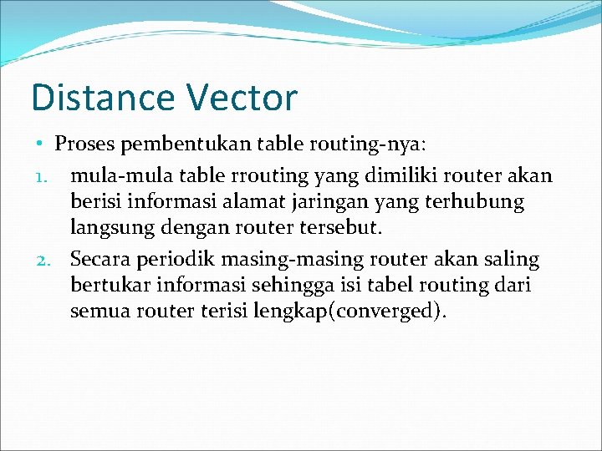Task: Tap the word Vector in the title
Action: pyautogui.click(x=242, y=98)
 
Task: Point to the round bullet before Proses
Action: pyautogui.click(x=40, y=143)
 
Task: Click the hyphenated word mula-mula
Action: pyautogui.click(x=110, y=175)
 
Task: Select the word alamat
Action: pyautogui.click(x=282, y=202)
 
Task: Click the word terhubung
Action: pyautogui.click(x=481, y=202)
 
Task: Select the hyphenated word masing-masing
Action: pyautogui.click(x=292, y=260)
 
